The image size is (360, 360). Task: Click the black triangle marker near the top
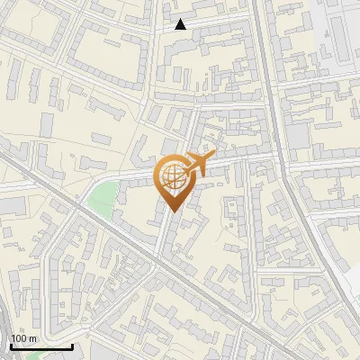point(181,24)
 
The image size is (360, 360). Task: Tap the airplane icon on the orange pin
point(201,166)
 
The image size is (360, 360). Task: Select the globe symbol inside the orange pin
point(173,178)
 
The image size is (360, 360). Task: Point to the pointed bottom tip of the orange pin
point(173,211)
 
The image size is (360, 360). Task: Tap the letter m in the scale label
point(32,338)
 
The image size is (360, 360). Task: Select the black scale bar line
point(41,346)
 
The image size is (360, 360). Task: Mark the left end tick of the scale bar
point(11,345)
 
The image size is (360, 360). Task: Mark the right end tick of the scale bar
point(72,345)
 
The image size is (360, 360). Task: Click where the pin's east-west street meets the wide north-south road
point(276,155)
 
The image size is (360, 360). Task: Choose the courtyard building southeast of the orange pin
point(232,216)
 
